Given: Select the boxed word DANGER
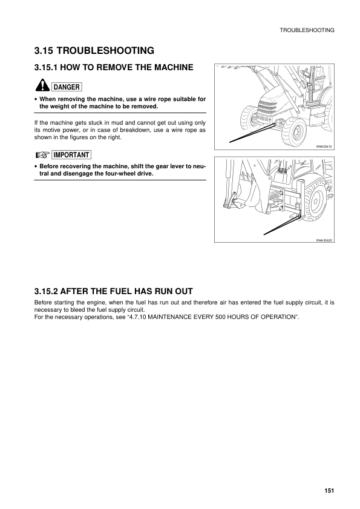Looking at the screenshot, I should click(67, 87).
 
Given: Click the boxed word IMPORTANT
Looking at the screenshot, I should click(72, 155).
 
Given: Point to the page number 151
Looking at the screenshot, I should click(329, 491).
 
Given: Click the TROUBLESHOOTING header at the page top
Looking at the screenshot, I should click(307, 30).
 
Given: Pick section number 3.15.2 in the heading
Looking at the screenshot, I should click(51, 290).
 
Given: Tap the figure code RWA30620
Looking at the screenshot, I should click(324, 240).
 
